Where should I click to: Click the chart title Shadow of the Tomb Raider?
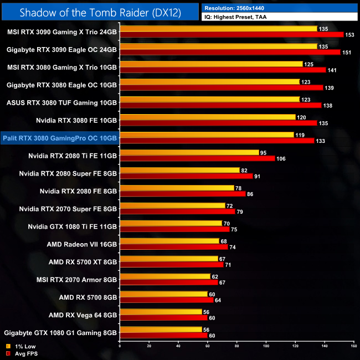tap(100, 12)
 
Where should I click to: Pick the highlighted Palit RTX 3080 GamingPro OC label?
tap(60, 138)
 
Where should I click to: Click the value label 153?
tap(351, 35)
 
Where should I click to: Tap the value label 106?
tap(282, 158)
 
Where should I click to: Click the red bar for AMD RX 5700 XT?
tap(171, 265)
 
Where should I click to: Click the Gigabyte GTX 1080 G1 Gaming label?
tap(60, 332)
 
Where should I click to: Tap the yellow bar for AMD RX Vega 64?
tap(161, 312)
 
